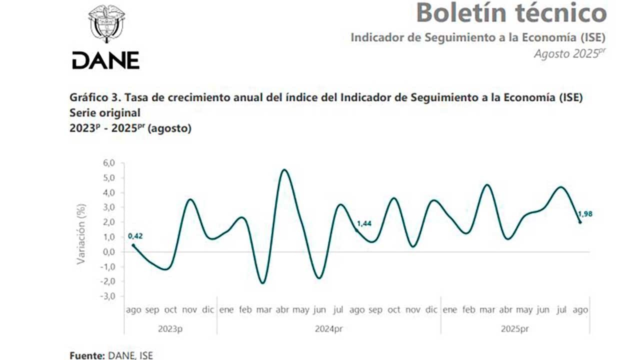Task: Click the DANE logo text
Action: pos(105,60)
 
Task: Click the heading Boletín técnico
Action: pos(511,13)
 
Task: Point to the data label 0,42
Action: pos(135,235)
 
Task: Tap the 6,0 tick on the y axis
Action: pos(109,163)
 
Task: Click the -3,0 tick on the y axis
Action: pos(108,296)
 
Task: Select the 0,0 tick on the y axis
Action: pos(109,252)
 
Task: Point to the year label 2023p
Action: pos(170,329)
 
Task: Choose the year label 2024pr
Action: pos(328,329)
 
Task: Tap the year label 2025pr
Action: pos(514,329)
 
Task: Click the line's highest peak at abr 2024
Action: pos(284,170)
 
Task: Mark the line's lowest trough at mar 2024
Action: pos(263,283)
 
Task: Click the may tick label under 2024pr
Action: pos(301,310)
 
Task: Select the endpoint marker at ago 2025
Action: pos(580,222)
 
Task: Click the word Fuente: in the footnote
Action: pos(87,355)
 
